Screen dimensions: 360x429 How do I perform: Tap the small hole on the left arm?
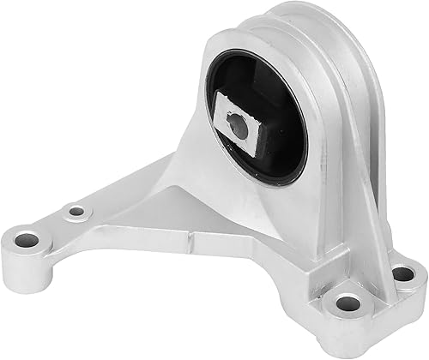(x=77, y=210)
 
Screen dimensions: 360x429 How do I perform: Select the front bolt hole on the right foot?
(x=347, y=303)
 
